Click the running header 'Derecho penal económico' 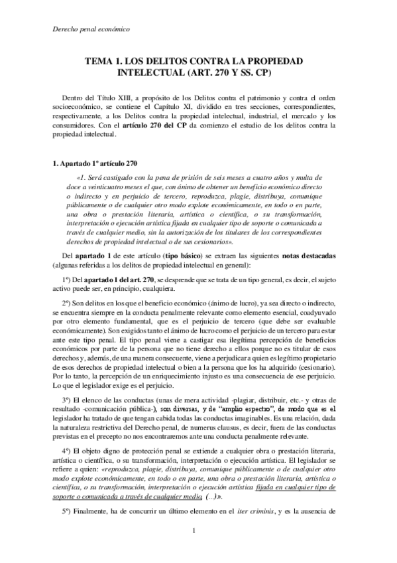click(x=90, y=29)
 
